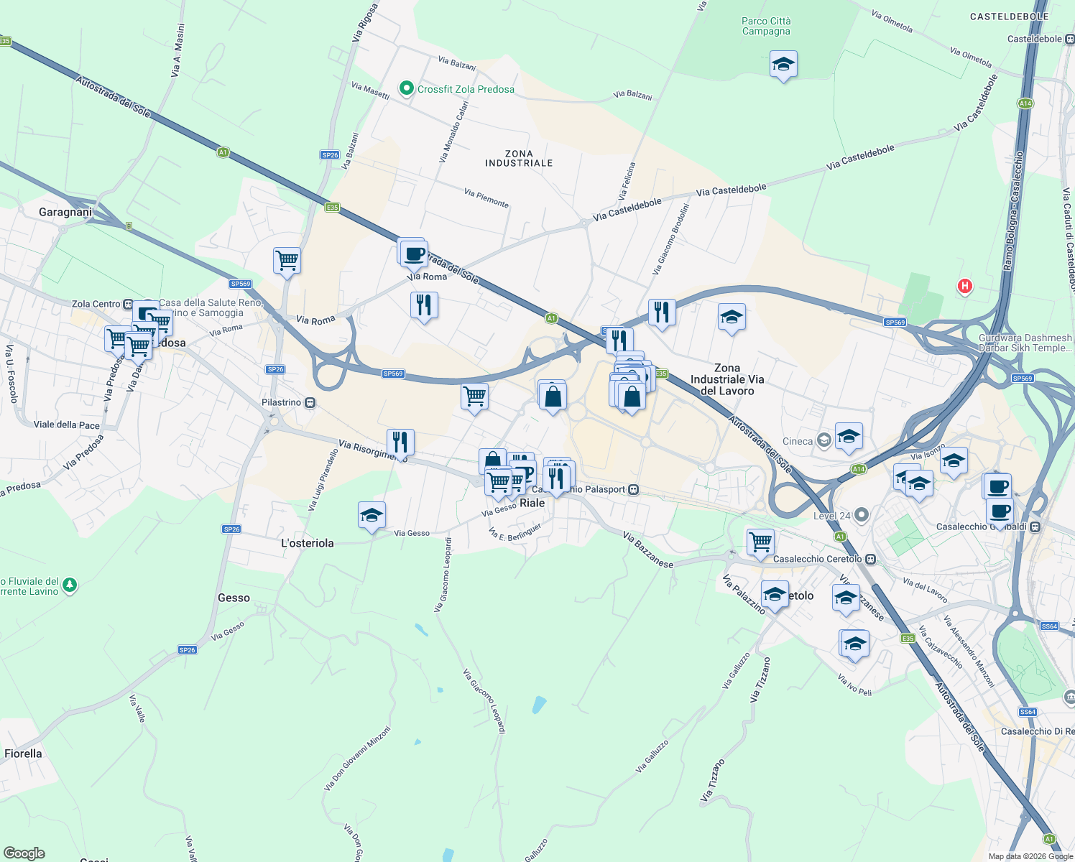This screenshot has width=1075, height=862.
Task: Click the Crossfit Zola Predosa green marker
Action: coord(406,89)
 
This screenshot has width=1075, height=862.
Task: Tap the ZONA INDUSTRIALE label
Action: coord(519,159)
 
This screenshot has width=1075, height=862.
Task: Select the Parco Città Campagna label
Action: coord(766,27)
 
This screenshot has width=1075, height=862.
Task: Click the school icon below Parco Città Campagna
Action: coord(783,65)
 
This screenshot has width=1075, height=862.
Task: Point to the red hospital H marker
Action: coord(964,286)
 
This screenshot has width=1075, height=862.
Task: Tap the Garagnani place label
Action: coord(65,212)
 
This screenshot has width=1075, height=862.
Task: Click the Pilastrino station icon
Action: coord(310,403)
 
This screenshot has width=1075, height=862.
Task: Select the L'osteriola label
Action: coord(308,543)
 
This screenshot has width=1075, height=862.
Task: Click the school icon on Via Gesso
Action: coord(372,516)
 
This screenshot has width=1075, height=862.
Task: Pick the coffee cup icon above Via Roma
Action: coord(414,253)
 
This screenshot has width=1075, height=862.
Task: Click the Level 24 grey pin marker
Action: coord(862,515)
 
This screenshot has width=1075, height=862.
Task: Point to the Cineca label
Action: coord(798,441)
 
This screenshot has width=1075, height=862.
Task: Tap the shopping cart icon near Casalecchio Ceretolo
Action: coord(760,541)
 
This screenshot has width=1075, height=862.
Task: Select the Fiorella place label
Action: coord(24,754)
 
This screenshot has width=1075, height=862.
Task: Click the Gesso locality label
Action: coord(234,598)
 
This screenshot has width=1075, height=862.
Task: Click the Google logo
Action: coord(24,853)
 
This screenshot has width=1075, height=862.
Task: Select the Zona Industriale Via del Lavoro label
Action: coord(726,379)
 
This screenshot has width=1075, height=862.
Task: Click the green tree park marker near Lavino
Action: coord(69,585)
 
